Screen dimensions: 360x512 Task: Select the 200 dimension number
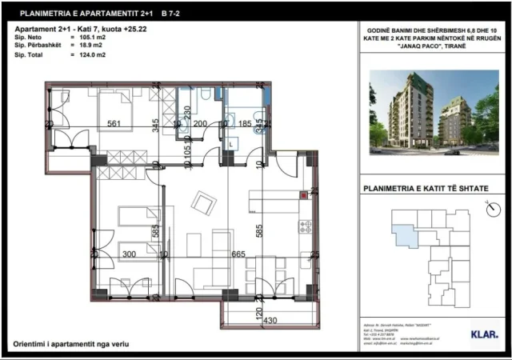pos(200,124)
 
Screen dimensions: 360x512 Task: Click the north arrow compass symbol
pos(489,210)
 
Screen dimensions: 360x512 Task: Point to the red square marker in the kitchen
pos(304,194)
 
